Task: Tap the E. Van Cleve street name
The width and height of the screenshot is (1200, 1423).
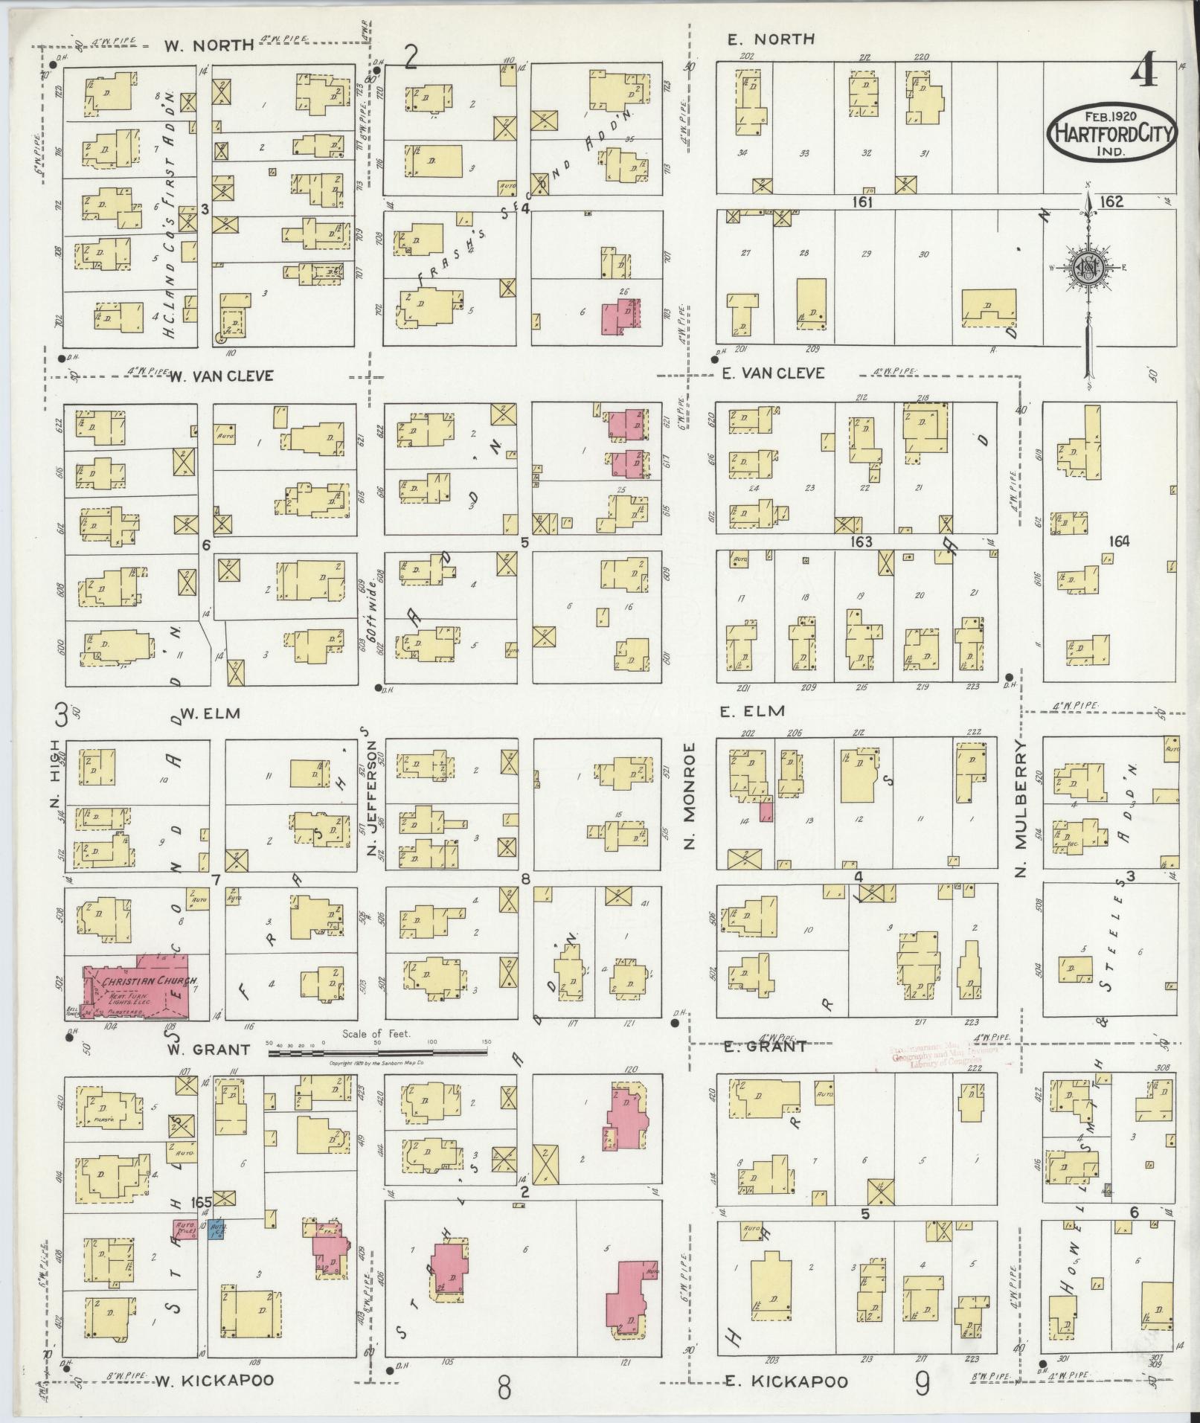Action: pyautogui.click(x=773, y=373)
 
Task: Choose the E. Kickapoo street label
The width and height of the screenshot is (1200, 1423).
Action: pyautogui.click(x=786, y=1382)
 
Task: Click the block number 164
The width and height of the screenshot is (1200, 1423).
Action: pyautogui.click(x=1118, y=542)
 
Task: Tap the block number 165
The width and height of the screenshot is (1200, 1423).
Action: pyautogui.click(x=201, y=1201)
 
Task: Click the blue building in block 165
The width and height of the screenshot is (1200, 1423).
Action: pyautogui.click(x=218, y=1228)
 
